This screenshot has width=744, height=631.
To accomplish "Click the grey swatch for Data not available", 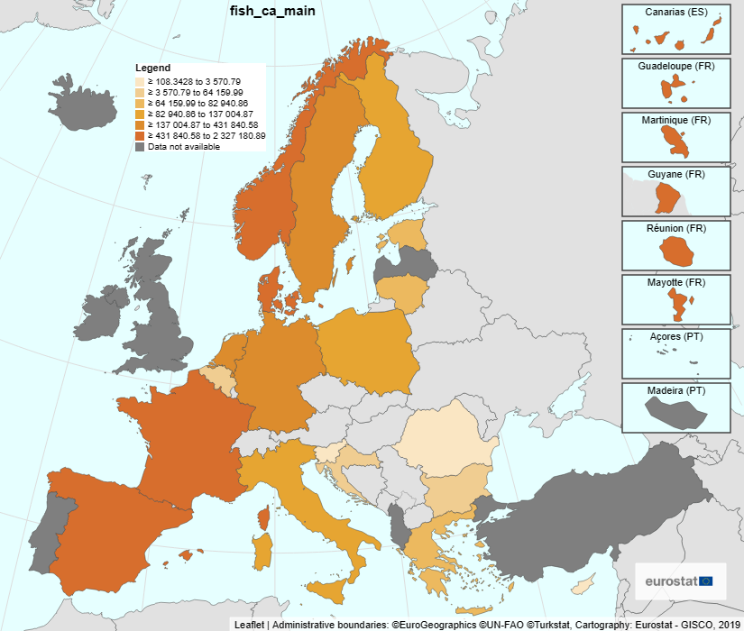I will pyautogui.click(x=141, y=146).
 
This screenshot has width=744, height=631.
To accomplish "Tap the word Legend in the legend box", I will pyautogui.click(x=152, y=68).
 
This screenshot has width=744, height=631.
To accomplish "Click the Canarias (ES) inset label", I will pyautogui.click(x=675, y=12).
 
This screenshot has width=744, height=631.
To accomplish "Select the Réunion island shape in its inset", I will pyautogui.click(x=675, y=251).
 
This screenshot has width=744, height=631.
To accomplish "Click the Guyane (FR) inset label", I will pyautogui.click(x=675, y=174).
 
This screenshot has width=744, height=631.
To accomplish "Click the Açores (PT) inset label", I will pyautogui.click(x=675, y=336).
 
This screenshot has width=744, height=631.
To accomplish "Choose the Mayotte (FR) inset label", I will pyautogui.click(x=675, y=282).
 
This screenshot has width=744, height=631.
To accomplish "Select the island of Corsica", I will pyautogui.click(x=264, y=518).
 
